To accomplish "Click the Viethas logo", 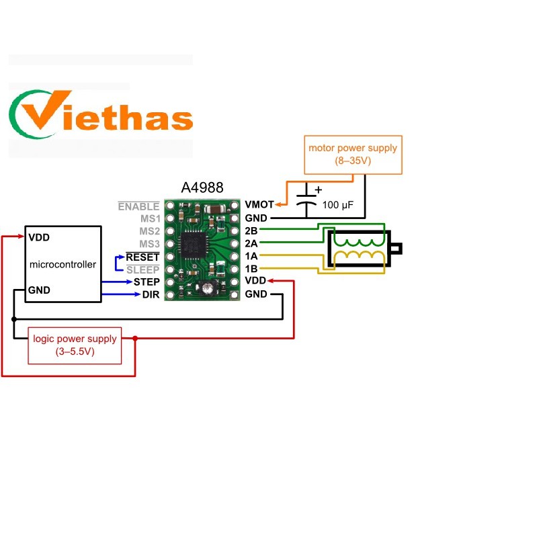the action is click(x=101, y=114).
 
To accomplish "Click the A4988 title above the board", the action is click(x=202, y=187).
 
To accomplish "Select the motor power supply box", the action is click(x=353, y=155).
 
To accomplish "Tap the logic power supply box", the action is click(x=75, y=345).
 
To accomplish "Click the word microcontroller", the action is click(x=62, y=265).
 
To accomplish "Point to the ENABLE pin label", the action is click(x=138, y=206).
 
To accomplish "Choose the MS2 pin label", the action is click(x=149, y=231).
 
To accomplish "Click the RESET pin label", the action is click(x=142, y=257).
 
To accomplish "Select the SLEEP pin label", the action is click(x=143, y=269).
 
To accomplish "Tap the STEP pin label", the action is click(x=146, y=282).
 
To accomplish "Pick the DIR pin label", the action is click(x=151, y=294).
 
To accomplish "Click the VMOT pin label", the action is click(x=259, y=204).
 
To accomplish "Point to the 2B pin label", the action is click(x=251, y=230).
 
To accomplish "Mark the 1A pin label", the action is click(x=251, y=256).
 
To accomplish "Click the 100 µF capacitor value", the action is click(x=338, y=205).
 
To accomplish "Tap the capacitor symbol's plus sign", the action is click(x=319, y=190).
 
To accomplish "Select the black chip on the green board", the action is click(x=194, y=245).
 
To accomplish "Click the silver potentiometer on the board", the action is click(x=208, y=288).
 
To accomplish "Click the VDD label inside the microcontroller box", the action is click(x=39, y=237).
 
